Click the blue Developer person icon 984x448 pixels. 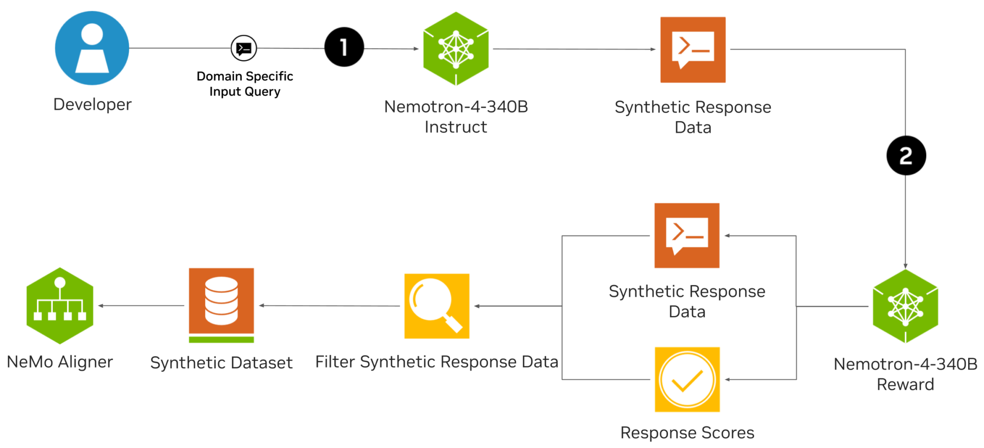(x=92, y=48)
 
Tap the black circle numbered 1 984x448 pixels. (x=344, y=47)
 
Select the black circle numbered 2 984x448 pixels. (x=906, y=156)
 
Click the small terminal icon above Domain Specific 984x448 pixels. (x=244, y=48)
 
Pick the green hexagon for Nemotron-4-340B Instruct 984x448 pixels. (x=455, y=48)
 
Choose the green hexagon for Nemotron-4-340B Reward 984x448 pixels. (x=905, y=306)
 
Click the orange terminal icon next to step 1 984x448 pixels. (x=693, y=50)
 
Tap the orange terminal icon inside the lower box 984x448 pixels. (x=687, y=235)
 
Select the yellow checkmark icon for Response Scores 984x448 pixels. (x=687, y=379)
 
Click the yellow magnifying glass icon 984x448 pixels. (x=437, y=306)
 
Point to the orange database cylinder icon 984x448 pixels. (x=221, y=303)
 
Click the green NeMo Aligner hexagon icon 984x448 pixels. (x=60, y=306)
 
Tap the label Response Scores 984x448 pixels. (x=687, y=433)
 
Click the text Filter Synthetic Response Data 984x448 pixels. (x=436, y=362)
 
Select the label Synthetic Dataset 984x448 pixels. (x=221, y=363)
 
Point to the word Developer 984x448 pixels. (x=92, y=104)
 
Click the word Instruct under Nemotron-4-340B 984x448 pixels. (x=455, y=127)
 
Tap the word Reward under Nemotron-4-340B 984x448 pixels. (x=905, y=384)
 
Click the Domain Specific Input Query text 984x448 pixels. (x=245, y=84)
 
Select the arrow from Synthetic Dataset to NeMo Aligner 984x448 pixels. (x=142, y=305)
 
